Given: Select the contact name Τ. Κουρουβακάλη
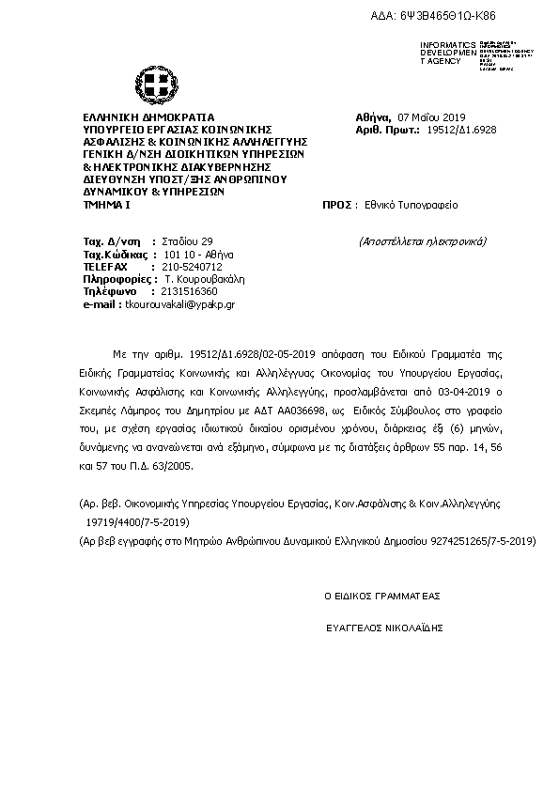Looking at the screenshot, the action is click(204, 280).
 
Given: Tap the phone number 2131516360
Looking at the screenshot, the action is click(189, 292).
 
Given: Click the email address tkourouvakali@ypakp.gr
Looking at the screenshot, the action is click(177, 305).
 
